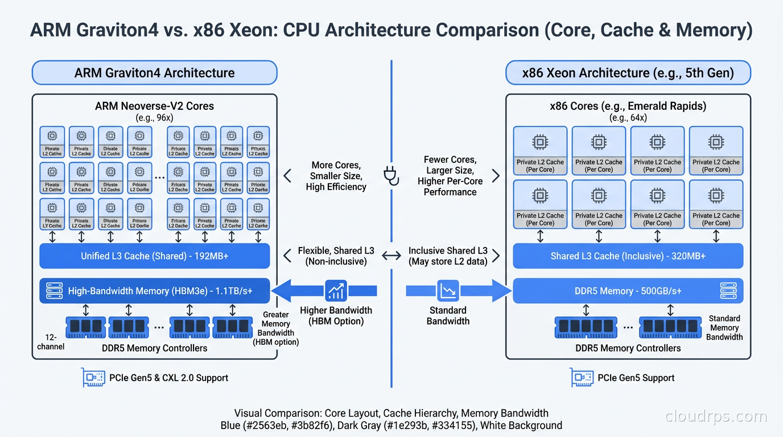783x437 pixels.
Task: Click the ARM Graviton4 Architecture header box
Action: coord(154,73)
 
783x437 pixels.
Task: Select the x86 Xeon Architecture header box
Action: coord(628,73)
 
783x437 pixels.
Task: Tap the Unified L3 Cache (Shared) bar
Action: coord(154,256)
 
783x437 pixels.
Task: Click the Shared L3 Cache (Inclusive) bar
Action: coord(628,256)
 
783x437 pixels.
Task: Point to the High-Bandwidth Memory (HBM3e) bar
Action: coord(154,291)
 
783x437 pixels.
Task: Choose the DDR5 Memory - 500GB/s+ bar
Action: coord(628,291)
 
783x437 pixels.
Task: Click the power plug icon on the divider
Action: coord(391,176)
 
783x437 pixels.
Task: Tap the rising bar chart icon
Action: coord(336,291)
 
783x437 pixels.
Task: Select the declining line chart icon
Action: coord(448,291)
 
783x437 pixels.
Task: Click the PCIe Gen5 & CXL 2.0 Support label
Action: coord(168,378)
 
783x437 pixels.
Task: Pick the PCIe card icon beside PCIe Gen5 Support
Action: coord(582,377)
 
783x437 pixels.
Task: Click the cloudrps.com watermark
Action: coord(716,417)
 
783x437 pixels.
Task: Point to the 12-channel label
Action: coord(51,341)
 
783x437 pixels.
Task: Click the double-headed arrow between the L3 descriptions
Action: coord(391,256)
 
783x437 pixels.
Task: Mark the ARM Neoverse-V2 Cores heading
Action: coord(154,106)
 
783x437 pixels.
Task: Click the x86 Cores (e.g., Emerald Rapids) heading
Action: coord(628,106)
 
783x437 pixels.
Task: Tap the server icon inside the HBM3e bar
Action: coord(54,291)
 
